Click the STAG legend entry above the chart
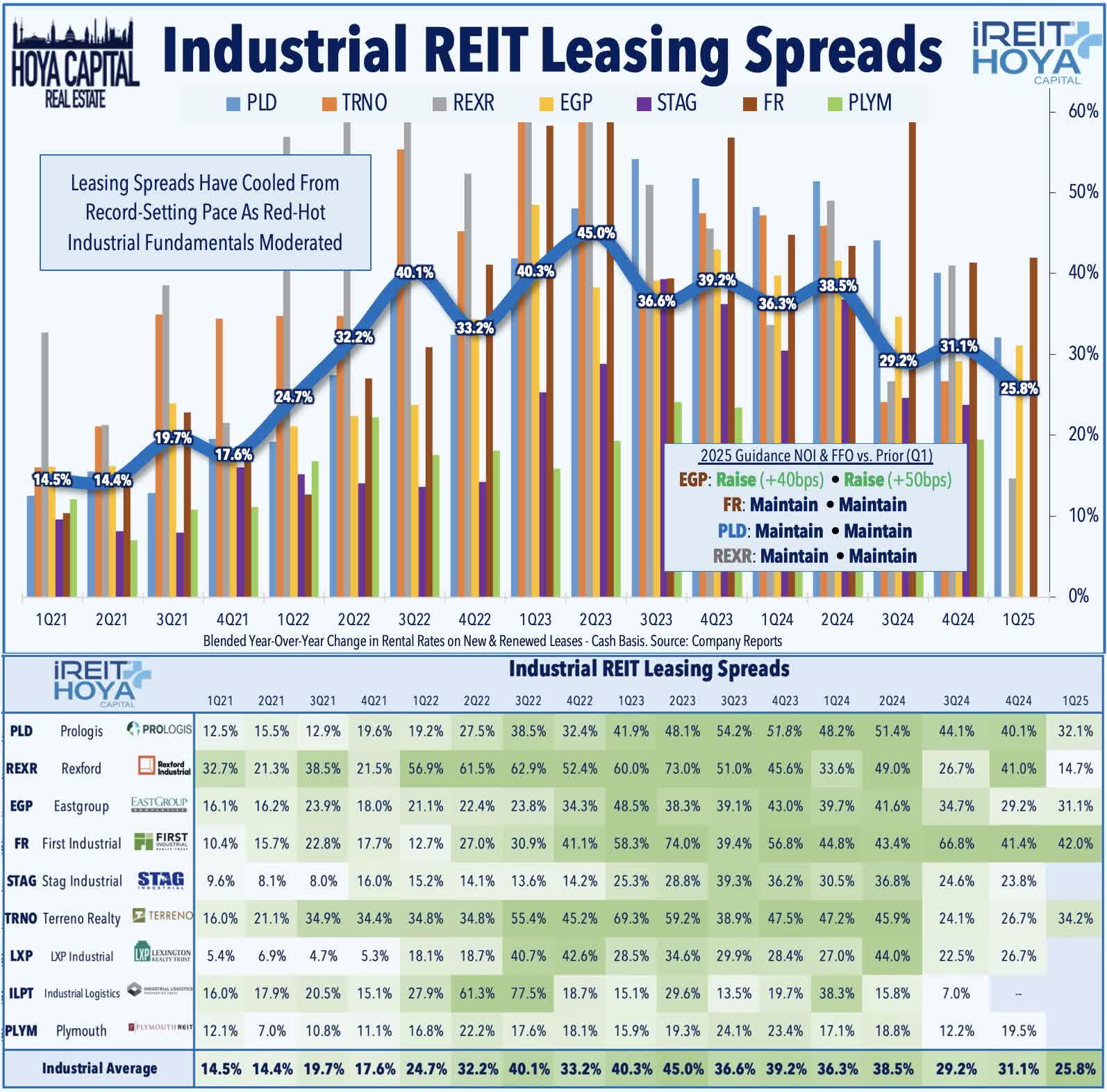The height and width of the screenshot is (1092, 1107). (667, 103)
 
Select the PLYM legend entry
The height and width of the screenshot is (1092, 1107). (860, 103)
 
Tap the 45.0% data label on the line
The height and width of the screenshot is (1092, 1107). (596, 233)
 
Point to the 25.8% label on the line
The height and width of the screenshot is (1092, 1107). (1019, 388)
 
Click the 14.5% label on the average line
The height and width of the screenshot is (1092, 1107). (52, 479)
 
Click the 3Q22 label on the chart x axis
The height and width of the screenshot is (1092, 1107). (414, 619)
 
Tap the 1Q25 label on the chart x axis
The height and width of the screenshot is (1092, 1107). (1018, 619)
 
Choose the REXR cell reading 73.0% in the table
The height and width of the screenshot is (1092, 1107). (682, 768)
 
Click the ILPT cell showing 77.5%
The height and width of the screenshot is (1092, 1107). (528, 993)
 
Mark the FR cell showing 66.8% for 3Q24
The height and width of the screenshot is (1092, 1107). (956, 843)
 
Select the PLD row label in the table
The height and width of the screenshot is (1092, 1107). (21, 731)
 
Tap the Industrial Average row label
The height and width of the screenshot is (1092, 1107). (99, 1068)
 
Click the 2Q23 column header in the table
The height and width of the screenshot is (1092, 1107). (682, 701)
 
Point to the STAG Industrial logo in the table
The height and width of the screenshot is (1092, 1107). (160, 881)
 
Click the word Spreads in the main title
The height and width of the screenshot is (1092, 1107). (842, 49)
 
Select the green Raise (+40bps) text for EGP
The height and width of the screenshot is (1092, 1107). (769, 479)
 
